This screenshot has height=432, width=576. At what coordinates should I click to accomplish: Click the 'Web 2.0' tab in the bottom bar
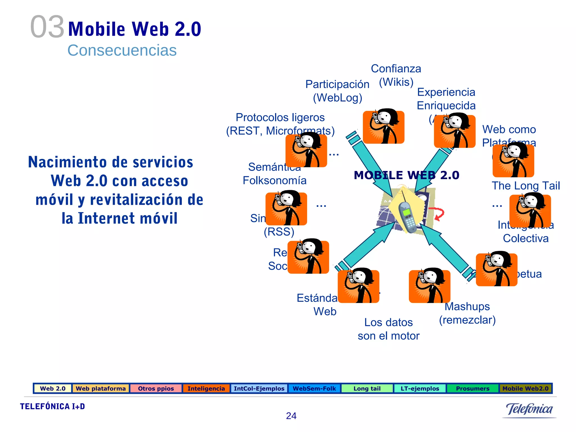53,388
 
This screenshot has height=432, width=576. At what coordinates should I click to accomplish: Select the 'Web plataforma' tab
101,388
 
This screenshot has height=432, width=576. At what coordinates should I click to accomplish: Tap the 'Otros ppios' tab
156,388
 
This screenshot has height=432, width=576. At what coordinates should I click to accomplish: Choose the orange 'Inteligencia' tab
206,388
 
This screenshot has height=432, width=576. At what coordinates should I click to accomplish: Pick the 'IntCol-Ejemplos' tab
259,388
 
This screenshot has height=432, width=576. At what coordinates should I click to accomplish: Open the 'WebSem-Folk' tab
314,388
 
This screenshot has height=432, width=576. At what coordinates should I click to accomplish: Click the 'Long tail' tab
367,388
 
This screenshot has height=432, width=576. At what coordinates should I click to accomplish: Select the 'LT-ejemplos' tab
420,388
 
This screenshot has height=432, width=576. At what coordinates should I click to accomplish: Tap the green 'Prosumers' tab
472,388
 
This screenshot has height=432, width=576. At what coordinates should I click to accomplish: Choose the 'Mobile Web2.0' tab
525,388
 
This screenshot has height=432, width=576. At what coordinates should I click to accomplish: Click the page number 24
291,416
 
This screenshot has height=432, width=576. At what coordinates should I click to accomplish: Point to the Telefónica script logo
529,409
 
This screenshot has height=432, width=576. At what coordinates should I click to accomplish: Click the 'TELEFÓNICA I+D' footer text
52,406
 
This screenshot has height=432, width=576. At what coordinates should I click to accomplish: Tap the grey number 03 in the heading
47,27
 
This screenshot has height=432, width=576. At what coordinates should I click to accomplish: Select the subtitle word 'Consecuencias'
122,50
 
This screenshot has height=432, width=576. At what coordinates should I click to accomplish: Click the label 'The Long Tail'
526,186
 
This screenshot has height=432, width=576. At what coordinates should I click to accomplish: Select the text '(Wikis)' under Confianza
396,82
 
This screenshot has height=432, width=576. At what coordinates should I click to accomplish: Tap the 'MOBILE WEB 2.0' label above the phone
406,175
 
